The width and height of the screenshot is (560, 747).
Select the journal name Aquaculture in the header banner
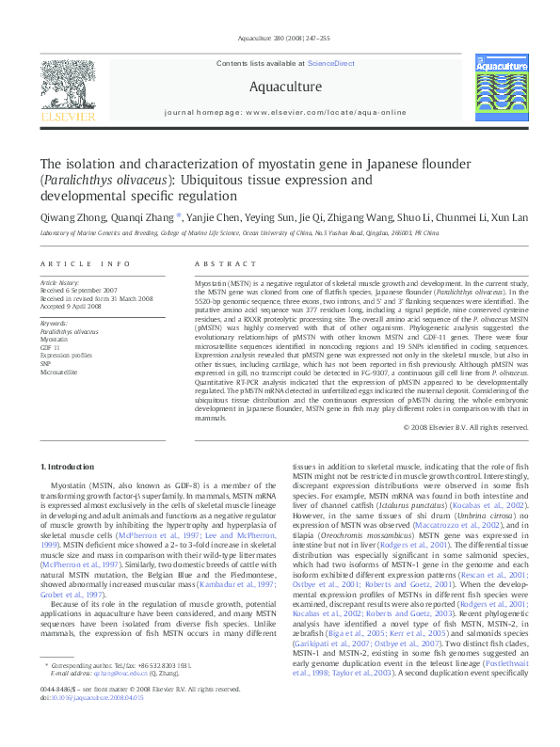point(285,87)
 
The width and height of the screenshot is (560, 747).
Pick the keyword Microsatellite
point(59,373)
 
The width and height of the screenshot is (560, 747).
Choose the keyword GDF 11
point(50,347)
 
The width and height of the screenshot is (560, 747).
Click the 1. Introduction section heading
point(69,467)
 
